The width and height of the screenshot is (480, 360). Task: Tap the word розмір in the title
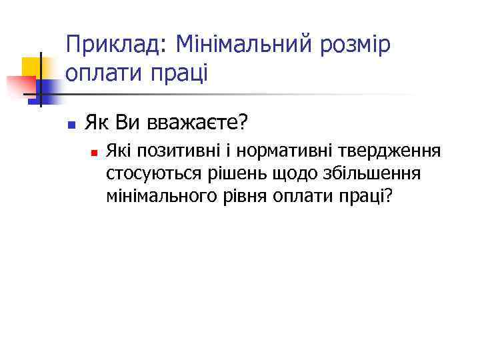358,47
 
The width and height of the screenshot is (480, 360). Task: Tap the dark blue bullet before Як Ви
70,124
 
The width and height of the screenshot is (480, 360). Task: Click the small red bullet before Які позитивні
94,153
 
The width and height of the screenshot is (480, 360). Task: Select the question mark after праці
387,196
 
